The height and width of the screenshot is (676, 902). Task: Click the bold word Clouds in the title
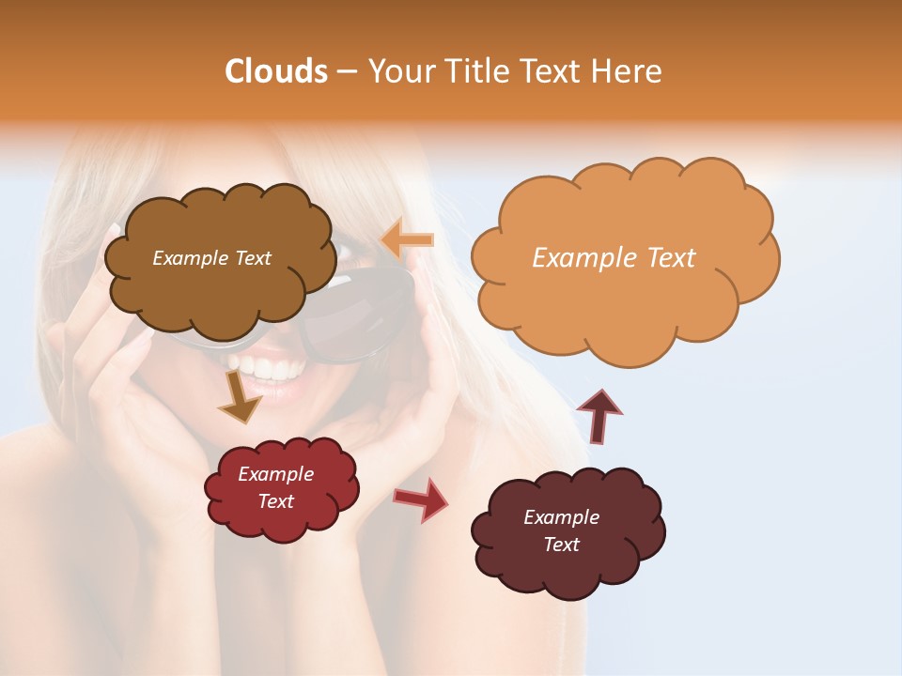(x=276, y=71)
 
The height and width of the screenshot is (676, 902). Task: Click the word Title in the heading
(x=478, y=71)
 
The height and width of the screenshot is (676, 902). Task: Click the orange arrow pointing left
(x=408, y=240)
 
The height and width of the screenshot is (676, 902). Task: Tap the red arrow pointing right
(x=422, y=499)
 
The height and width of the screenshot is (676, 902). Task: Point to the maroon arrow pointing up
(x=599, y=416)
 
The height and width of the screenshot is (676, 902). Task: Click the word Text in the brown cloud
(x=251, y=258)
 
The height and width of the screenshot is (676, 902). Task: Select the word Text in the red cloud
(x=276, y=501)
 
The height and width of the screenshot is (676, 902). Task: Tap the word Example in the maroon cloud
(x=561, y=517)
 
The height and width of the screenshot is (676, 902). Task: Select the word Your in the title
(x=399, y=71)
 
